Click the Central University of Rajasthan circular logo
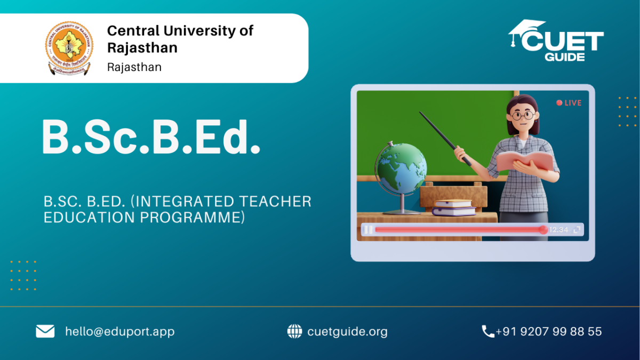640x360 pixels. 69,49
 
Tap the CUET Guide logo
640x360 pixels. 556,41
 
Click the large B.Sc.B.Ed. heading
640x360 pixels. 151,137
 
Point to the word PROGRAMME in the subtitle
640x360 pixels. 193,218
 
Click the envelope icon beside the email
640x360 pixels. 45,331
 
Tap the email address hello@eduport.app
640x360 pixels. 119,331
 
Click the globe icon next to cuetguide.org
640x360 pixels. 294,331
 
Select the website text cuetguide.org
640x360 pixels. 347,331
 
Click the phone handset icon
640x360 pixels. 488,331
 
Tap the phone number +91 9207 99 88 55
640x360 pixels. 549,331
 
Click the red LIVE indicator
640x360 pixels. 569,103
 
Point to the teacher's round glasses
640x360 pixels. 523,115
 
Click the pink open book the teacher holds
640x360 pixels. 525,162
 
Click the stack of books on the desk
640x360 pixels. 453,207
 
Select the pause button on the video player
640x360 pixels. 369,230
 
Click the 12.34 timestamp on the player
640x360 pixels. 558,230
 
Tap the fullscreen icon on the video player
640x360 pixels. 577,230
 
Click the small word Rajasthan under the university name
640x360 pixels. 134,67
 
